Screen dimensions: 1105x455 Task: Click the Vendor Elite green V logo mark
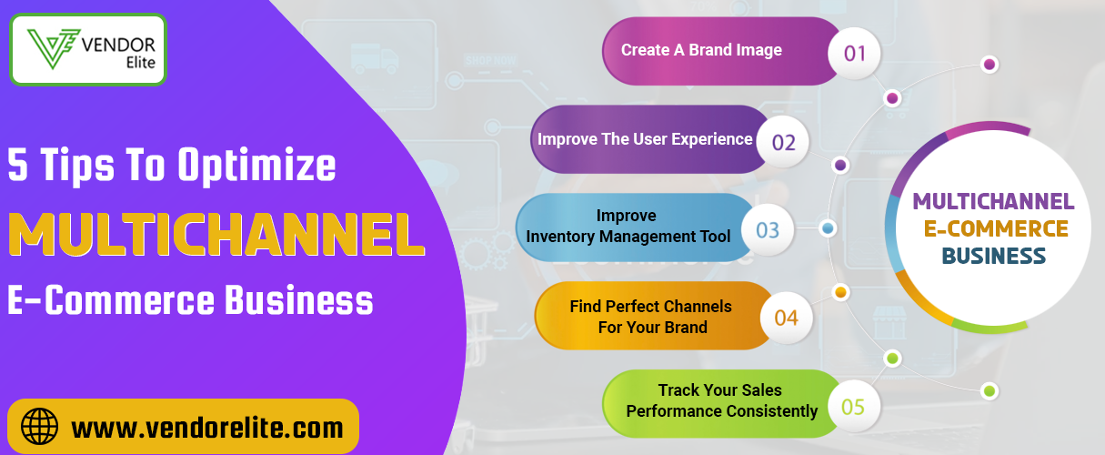pos(54,48)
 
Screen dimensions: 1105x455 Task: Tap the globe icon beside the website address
pos(39,427)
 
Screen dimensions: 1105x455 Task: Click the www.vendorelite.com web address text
pos(207,428)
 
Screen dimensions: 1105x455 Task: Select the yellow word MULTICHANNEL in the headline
pos(216,235)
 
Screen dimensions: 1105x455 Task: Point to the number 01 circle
pos(854,54)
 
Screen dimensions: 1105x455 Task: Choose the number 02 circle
pos(783,142)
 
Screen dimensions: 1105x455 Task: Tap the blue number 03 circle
pos(768,230)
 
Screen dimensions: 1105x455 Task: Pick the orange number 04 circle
pos(787,318)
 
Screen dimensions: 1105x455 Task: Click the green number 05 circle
pos(853,407)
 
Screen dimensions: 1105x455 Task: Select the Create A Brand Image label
pos(701,50)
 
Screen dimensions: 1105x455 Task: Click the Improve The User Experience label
pos(645,139)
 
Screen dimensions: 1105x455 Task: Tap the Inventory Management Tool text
pos(628,237)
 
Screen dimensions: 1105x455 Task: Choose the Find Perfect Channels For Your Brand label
pos(651,317)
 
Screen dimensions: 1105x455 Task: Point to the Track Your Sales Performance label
pos(722,400)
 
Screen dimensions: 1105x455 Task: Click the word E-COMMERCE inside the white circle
pos(996,228)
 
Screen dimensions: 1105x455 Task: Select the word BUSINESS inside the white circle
pos(993,256)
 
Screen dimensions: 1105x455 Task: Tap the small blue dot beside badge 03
pos(828,228)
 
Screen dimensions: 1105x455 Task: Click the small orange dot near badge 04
pos(840,292)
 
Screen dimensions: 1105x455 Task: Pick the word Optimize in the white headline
pos(257,167)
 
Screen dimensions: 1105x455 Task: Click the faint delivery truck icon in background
pos(375,58)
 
